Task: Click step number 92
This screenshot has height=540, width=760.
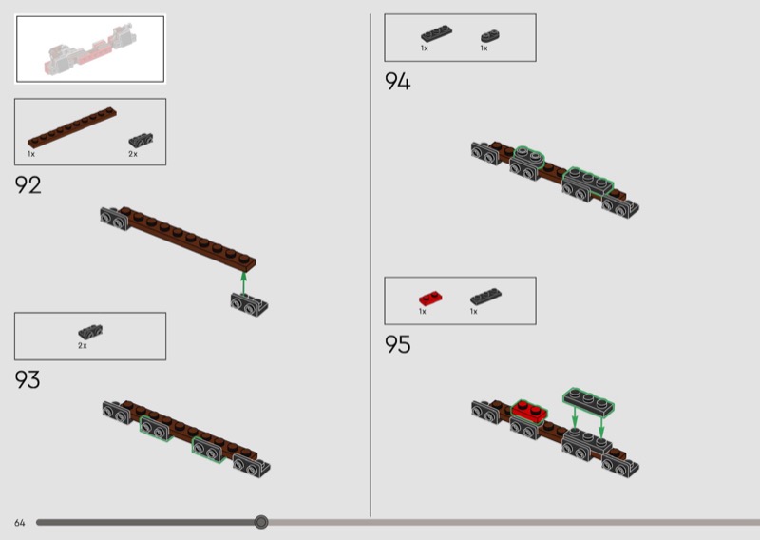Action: point(28,184)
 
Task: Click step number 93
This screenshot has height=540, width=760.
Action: point(28,380)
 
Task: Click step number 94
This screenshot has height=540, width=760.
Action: point(397,81)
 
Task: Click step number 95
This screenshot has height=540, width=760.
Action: point(397,344)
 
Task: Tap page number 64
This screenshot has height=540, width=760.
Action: point(19,523)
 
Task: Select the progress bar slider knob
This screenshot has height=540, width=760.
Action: point(261,522)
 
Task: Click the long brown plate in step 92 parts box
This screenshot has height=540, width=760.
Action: point(72,127)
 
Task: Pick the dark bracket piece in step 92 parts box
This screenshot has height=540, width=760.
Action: point(141,140)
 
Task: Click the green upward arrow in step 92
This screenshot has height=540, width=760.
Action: point(243,283)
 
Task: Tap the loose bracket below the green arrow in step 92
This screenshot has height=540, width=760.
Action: point(249,304)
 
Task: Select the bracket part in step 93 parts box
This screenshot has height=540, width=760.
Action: point(90,332)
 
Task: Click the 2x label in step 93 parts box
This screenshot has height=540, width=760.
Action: point(83,346)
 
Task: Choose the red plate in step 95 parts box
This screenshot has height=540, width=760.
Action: point(430,298)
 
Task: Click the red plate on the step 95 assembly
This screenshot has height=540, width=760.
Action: point(530,411)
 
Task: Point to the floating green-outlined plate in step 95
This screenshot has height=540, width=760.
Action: point(588,402)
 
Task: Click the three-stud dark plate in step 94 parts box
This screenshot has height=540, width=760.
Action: point(436,34)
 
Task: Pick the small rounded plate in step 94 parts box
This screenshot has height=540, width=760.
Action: point(490,36)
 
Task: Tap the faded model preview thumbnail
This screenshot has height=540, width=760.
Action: point(90,49)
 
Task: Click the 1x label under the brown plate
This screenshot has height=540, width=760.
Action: point(31,154)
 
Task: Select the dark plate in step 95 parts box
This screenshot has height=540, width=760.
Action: point(485,297)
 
